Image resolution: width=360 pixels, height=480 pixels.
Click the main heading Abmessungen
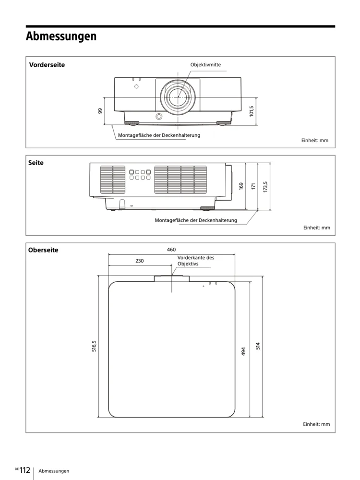tap(61, 36)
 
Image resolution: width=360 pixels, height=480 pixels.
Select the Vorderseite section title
tap(47, 65)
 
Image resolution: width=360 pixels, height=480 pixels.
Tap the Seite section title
tap(36, 163)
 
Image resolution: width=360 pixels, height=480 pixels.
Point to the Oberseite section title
tap(43, 250)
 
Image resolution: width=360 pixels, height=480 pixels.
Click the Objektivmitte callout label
tap(205, 65)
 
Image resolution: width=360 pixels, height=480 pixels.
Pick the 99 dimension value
tap(100, 111)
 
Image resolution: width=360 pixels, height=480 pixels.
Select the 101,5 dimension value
tap(252, 111)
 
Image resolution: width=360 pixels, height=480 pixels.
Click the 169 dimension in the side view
tap(241, 186)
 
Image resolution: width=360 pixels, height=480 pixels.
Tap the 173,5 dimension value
tap(265, 187)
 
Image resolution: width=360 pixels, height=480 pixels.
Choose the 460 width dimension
tap(171, 250)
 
